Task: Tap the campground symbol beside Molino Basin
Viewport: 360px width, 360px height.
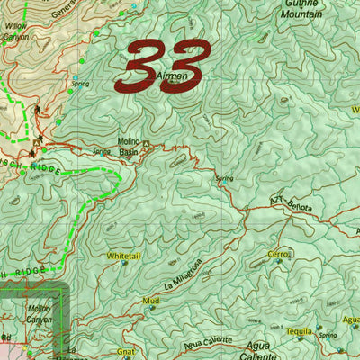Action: pyautogui.click(x=157, y=144)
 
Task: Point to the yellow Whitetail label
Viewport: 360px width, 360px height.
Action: pyautogui.click(x=123, y=256)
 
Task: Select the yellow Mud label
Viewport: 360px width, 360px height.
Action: pyautogui.click(x=150, y=300)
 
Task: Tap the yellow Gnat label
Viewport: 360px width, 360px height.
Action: pyautogui.click(x=126, y=351)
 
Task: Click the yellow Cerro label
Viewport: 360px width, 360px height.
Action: pyautogui.click(x=278, y=254)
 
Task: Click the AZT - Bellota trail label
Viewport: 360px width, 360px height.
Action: pyautogui.click(x=289, y=206)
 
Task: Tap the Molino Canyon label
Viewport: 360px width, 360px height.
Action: pyautogui.click(x=32, y=314)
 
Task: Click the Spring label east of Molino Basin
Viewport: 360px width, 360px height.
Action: pyautogui.click(x=224, y=178)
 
